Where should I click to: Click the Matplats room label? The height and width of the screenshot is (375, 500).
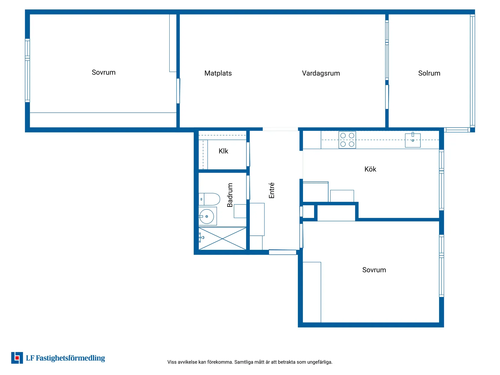pyautogui.click(x=218, y=73)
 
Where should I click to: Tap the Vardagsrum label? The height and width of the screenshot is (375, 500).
pyautogui.click(x=321, y=73)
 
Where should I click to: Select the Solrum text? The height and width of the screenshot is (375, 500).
pyautogui.click(x=429, y=73)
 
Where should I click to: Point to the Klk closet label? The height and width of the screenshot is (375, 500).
pyautogui.click(x=223, y=151)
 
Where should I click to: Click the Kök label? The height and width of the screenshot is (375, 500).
pyautogui.click(x=370, y=169)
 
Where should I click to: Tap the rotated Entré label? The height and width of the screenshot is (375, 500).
pyautogui.click(x=272, y=191)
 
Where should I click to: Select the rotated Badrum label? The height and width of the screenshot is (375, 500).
pyautogui.click(x=230, y=195)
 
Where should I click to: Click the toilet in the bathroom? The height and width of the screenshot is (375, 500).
pyautogui.click(x=210, y=199)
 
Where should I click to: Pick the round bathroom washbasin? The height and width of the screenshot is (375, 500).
pyautogui.click(x=207, y=216)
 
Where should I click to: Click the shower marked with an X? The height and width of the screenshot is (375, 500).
pyautogui.click(x=222, y=239)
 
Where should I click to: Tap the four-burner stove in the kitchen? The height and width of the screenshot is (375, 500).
pyautogui.click(x=347, y=140)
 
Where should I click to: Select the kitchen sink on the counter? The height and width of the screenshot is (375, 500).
pyautogui.click(x=412, y=140)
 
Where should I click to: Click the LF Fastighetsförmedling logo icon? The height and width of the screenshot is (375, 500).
pyautogui.click(x=17, y=358)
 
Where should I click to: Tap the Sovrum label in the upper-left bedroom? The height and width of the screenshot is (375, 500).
pyautogui.click(x=104, y=72)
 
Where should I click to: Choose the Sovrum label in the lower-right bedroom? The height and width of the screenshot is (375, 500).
pyautogui.click(x=374, y=270)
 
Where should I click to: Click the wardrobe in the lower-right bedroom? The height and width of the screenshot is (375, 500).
pyautogui.click(x=312, y=292)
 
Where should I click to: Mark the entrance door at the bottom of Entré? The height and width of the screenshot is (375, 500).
pyautogui.click(x=282, y=252)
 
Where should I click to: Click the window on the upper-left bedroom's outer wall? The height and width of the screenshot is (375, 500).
pyautogui.click(x=27, y=70)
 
